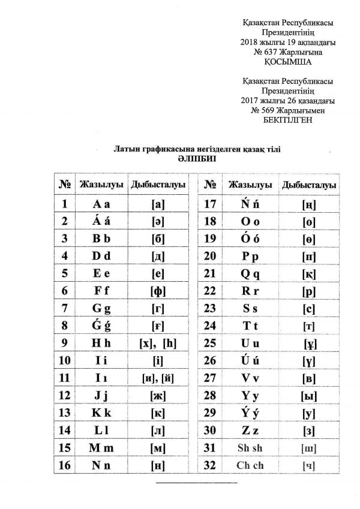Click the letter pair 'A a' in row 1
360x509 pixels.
tap(101, 204)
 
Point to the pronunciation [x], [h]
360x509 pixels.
tap(158, 344)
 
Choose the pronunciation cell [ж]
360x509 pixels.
tap(158, 395)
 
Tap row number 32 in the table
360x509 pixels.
tap(210, 465)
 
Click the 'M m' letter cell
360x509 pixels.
tap(101, 447)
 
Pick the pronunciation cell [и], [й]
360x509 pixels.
tap(158, 378)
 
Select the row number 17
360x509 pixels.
tap(210, 204)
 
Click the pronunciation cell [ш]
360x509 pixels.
tap(310, 448)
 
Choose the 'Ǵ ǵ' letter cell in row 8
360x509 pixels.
tap(101, 326)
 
